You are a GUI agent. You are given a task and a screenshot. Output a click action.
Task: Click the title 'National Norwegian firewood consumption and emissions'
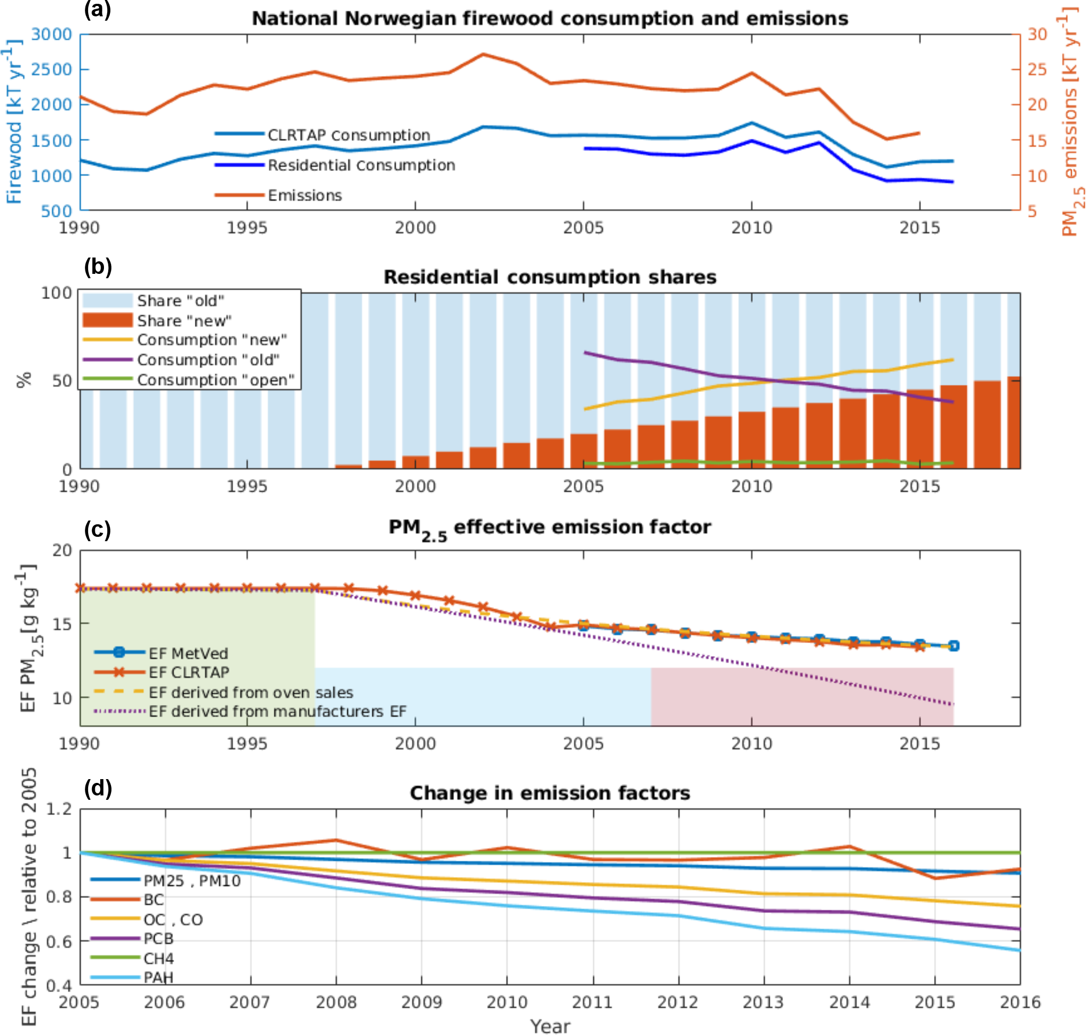[x=549, y=18]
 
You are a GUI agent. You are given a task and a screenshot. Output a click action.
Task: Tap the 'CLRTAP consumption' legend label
[x=348, y=135]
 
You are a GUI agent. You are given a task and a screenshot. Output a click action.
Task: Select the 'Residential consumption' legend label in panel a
[x=361, y=165]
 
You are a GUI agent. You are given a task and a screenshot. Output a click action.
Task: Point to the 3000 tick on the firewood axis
[x=51, y=34]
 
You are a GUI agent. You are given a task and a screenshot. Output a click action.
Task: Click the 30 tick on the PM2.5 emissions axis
[x=1037, y=34]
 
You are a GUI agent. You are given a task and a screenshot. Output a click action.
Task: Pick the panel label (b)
[x=97, y=266]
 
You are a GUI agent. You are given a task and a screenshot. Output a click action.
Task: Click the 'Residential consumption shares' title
[x=549, y=277]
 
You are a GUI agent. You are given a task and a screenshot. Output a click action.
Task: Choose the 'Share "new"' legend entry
[x=184, y=321]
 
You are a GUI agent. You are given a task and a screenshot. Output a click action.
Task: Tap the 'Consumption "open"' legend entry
[x=216, y=379]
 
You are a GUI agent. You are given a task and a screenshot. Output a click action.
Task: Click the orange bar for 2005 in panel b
[x=584, y=451]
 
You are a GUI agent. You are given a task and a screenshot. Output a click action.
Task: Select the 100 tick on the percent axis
[x=57, y=292]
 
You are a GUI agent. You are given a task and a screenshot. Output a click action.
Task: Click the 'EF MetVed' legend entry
[x=188, y=653]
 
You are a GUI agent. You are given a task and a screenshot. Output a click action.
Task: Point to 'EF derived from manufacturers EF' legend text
[x=278, y=711]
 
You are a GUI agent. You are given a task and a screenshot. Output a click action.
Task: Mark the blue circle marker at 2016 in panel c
[x=953, y=646]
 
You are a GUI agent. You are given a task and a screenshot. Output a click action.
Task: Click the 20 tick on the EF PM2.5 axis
[x=62, y=550]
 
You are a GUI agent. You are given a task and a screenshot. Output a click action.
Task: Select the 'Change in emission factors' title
[x=549, y=793]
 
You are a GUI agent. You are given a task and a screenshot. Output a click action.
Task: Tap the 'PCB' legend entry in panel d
[x=158, y=939]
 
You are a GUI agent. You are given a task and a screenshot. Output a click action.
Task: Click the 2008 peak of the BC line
[x=336, y=840]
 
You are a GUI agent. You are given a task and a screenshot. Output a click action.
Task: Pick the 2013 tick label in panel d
[x=763, y=1002]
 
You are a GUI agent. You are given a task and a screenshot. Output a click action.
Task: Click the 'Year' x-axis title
[x=549, y=1026]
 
